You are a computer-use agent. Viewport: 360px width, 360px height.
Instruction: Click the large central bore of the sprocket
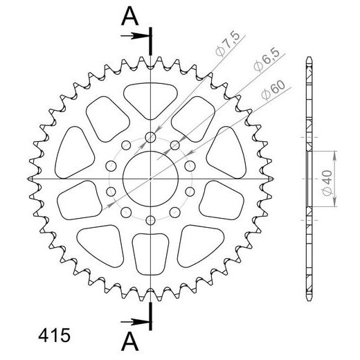point(150,179)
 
